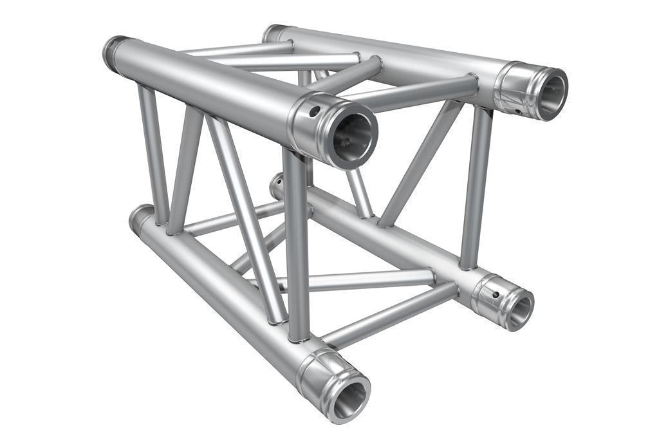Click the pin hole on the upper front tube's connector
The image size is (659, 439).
(x=314, y=111)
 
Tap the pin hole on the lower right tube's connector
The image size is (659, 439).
(x=495, y=294)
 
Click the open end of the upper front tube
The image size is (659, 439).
(x=351, y=135)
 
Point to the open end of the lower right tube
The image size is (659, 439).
(x=519, y=310)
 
